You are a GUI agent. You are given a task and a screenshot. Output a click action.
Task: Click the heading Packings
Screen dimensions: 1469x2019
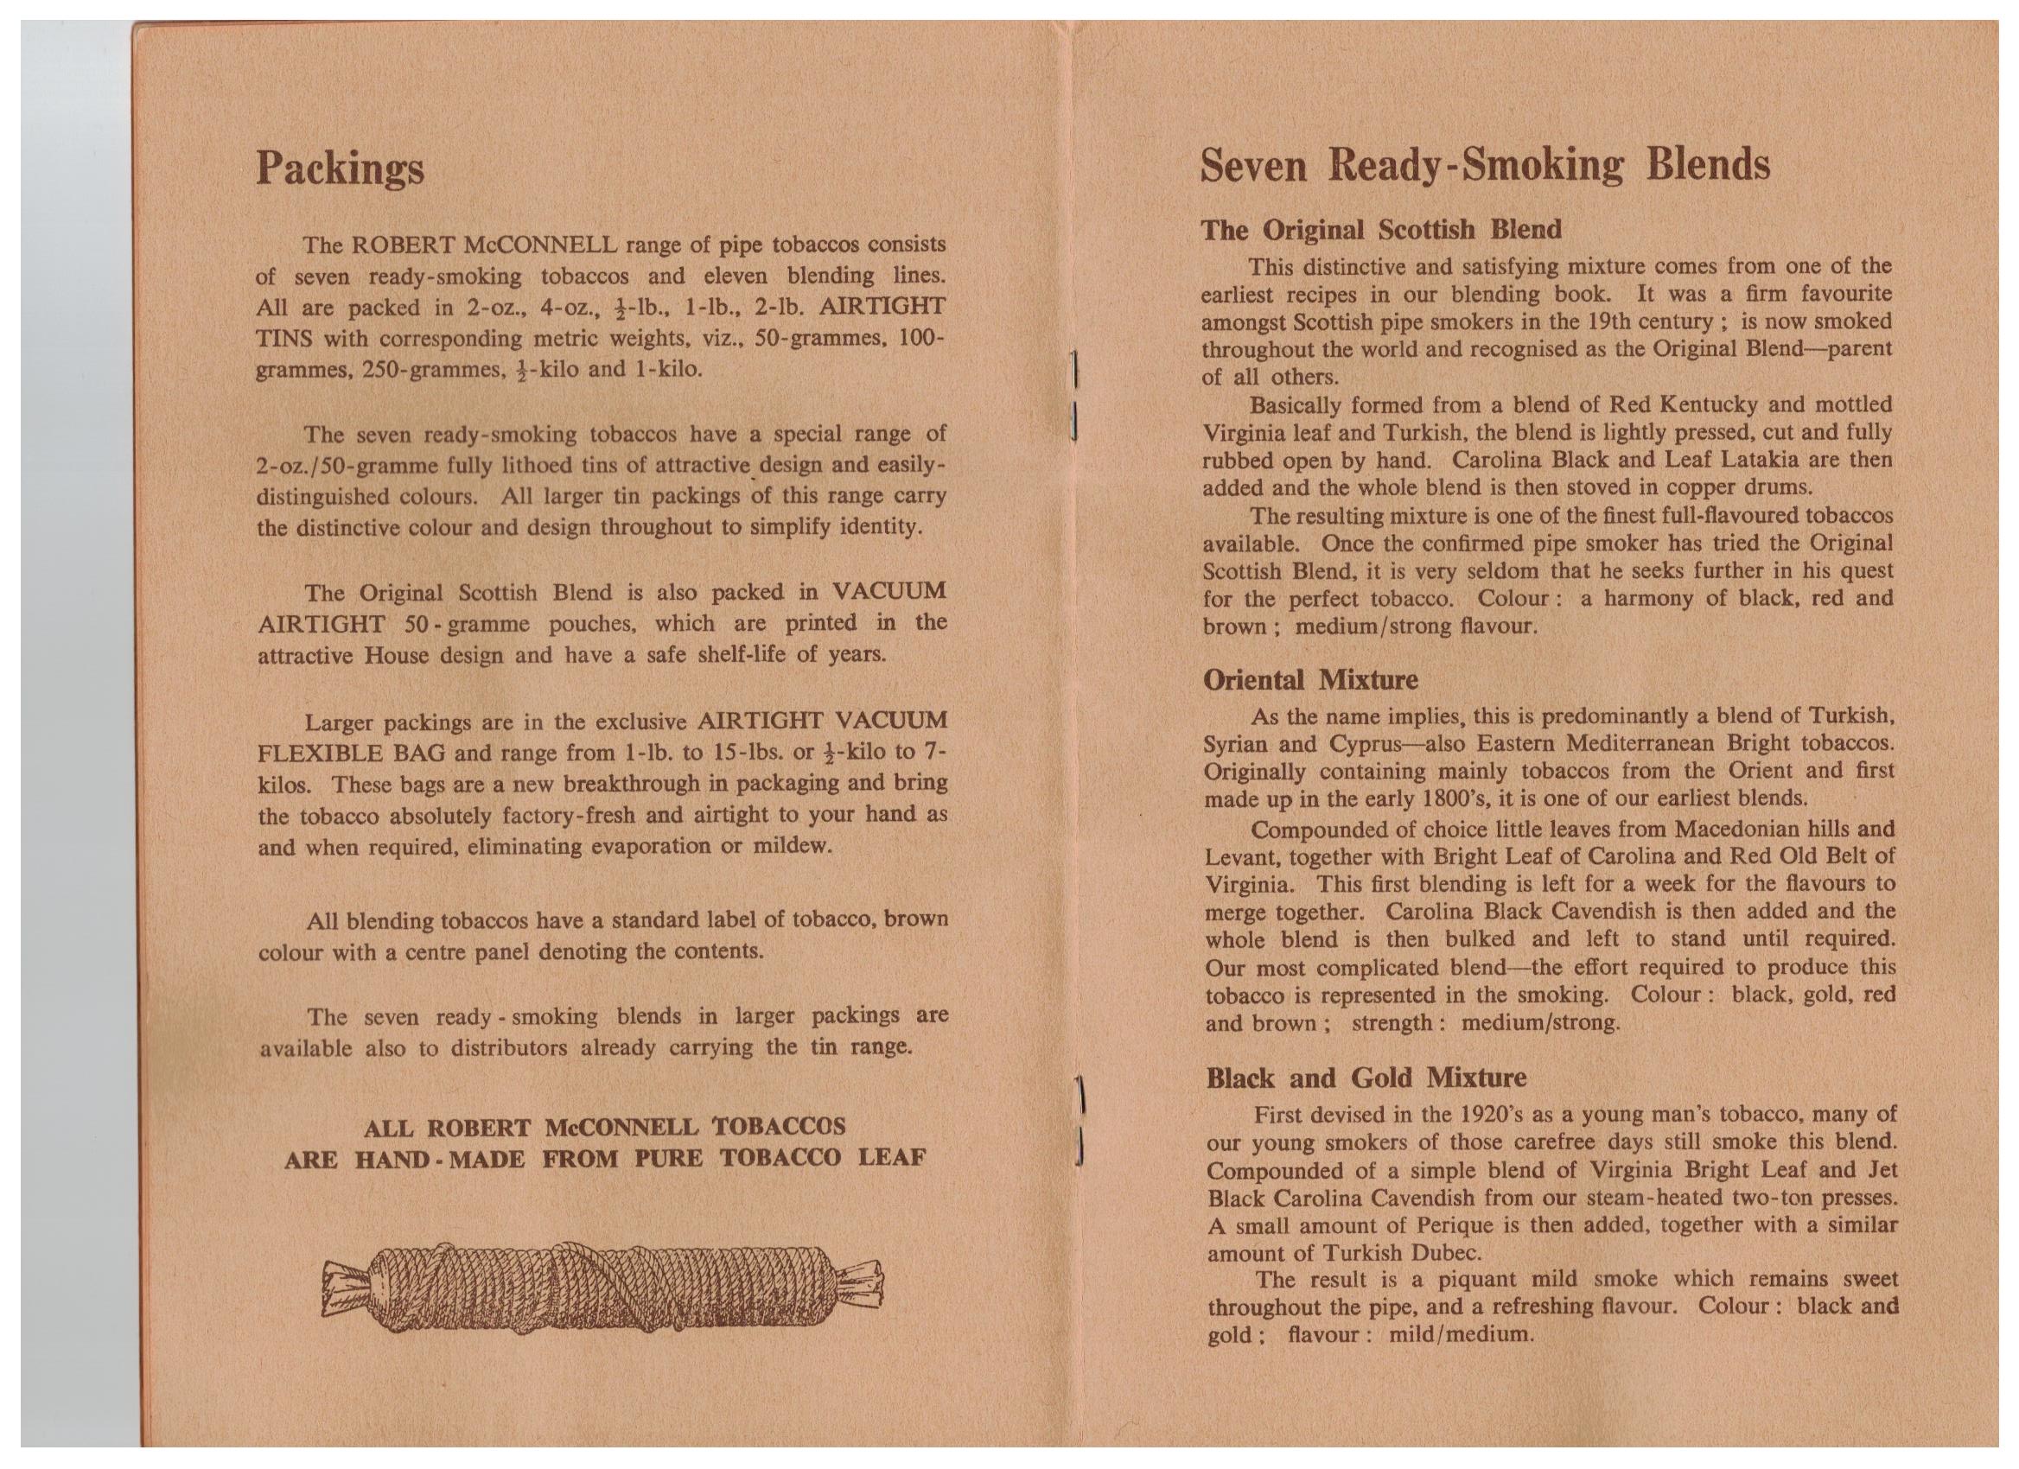[340, 169]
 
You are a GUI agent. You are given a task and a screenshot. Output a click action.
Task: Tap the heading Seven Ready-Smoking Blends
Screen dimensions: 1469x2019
[1485, 167]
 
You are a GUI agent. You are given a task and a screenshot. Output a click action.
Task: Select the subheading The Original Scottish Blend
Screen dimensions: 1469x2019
[1382, 231]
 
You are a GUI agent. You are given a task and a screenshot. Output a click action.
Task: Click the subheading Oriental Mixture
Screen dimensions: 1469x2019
[1310, 681]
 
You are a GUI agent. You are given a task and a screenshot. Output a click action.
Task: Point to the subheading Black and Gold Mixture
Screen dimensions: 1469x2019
[1366, 1078]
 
